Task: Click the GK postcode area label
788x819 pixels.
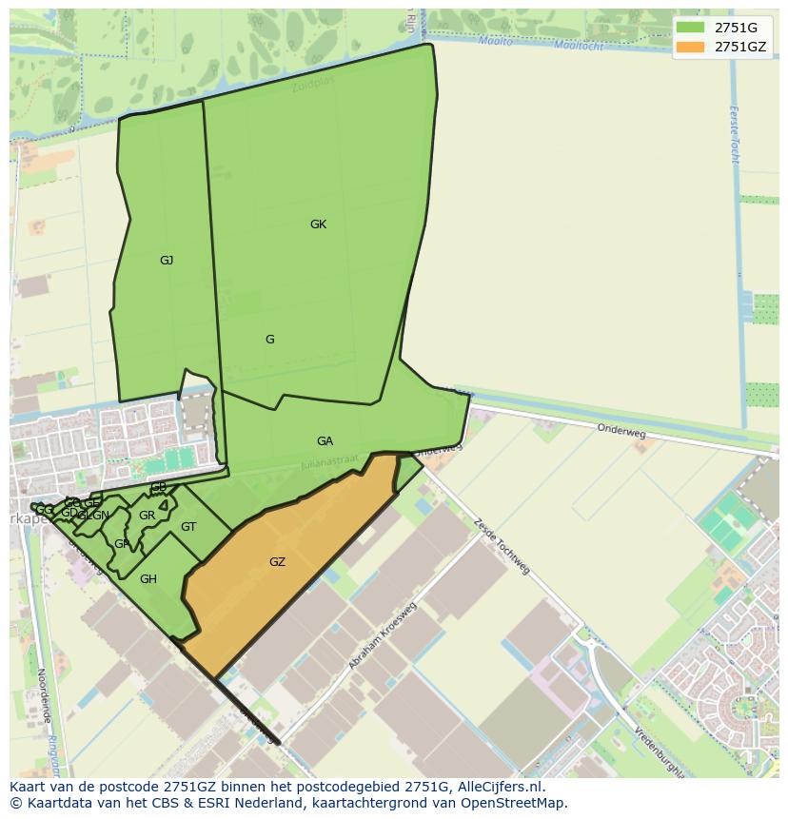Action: tap(318, 224)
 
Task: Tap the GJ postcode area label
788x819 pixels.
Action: tap(167, 260)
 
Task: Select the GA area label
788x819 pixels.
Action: tap(325, 441)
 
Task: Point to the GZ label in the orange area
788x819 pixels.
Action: tap(277, 562)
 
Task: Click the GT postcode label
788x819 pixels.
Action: tap(188, 527)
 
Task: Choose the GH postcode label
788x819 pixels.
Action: tap(148, 578)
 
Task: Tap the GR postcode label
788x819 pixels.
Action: tap(147, 516)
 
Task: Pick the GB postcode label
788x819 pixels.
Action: tap(159, 488)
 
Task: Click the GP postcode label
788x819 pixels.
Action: tap(122, 544)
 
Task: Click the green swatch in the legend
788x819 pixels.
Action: tap(690, 28)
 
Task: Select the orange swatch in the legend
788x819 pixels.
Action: tap(690, 47)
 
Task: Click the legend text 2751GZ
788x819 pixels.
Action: tap(740, 47)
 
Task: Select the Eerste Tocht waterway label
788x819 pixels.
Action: tap(734, 133)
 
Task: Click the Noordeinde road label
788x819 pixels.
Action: tap(43, 695)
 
